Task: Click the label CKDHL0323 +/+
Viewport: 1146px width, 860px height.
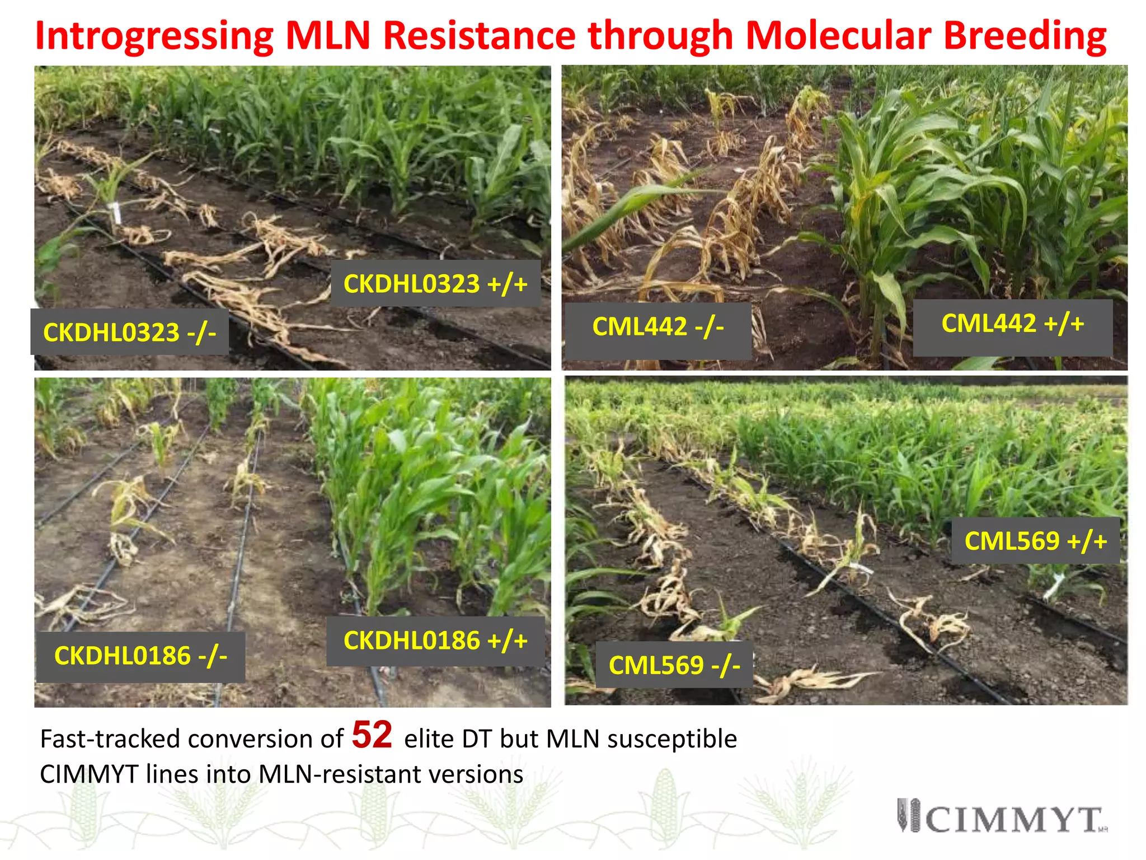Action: click(x=435, y=283)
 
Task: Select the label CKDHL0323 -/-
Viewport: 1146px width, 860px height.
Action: click(x=129, y=332)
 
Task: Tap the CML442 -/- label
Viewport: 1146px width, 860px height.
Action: click(x=657, y=326)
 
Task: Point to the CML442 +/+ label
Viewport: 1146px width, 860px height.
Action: click(x=1012, y=324)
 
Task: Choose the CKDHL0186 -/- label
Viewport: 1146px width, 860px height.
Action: click(x=140, y=656)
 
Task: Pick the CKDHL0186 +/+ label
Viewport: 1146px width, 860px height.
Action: click(x=435, y=641)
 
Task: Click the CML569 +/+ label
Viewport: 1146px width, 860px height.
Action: click(x=1035, y=541)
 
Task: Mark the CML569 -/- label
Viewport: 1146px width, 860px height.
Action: click(x=674, y=665)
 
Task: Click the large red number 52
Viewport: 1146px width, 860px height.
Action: click(x=372, y=735)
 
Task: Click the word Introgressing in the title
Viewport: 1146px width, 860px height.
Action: click(x=154, y=36)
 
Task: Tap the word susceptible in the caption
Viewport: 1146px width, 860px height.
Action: click(x=672, y=739)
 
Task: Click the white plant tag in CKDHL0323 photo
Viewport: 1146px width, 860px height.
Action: click(x=116, y=213)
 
